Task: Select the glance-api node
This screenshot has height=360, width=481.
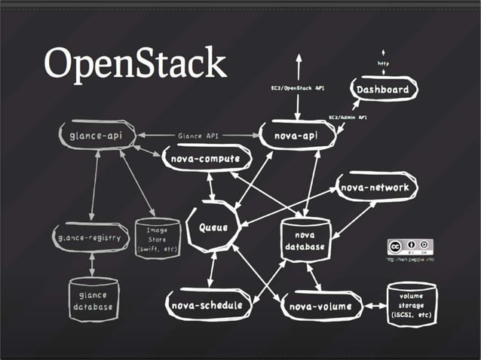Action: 97,136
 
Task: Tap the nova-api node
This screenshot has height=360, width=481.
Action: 296,136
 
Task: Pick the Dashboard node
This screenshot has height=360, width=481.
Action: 383,90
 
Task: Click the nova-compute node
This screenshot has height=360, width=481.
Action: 205,159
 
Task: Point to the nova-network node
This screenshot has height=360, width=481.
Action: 375,188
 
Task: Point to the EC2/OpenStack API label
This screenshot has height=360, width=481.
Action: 299,88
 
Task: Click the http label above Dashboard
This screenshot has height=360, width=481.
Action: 384,63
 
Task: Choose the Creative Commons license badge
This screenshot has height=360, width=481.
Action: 410,246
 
